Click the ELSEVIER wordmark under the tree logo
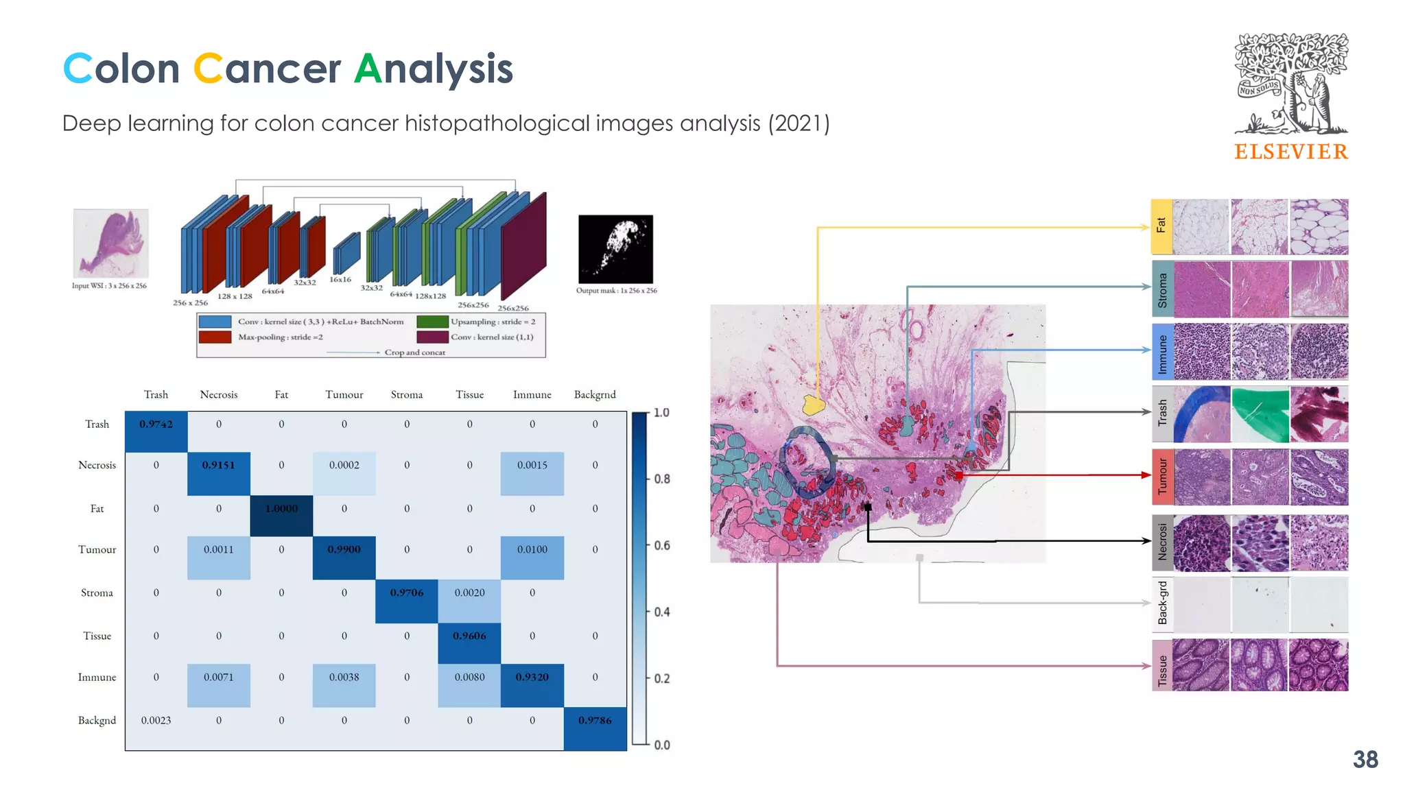coord(1290,152)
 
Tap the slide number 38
coord(1365,760)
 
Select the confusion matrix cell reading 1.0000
coord(281,508)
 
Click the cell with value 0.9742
coord(156,424)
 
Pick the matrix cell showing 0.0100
coord(532,550)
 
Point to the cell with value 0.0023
coord(156,720)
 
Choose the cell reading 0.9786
coord(595,720)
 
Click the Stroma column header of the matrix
coord(407,394)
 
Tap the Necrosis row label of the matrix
coord(97,465)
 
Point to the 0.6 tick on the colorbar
coord(661,545)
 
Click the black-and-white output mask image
coord(615,249)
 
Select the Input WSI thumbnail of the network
coord(110,243)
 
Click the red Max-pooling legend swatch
coord(215,337)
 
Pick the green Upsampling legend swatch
coord(432,322)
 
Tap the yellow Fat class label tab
coord(1161,226)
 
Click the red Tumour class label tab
coord(1161,476)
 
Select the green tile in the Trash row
coord(1260,414)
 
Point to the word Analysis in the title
coord(434,69)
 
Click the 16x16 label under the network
coord(340,280)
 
